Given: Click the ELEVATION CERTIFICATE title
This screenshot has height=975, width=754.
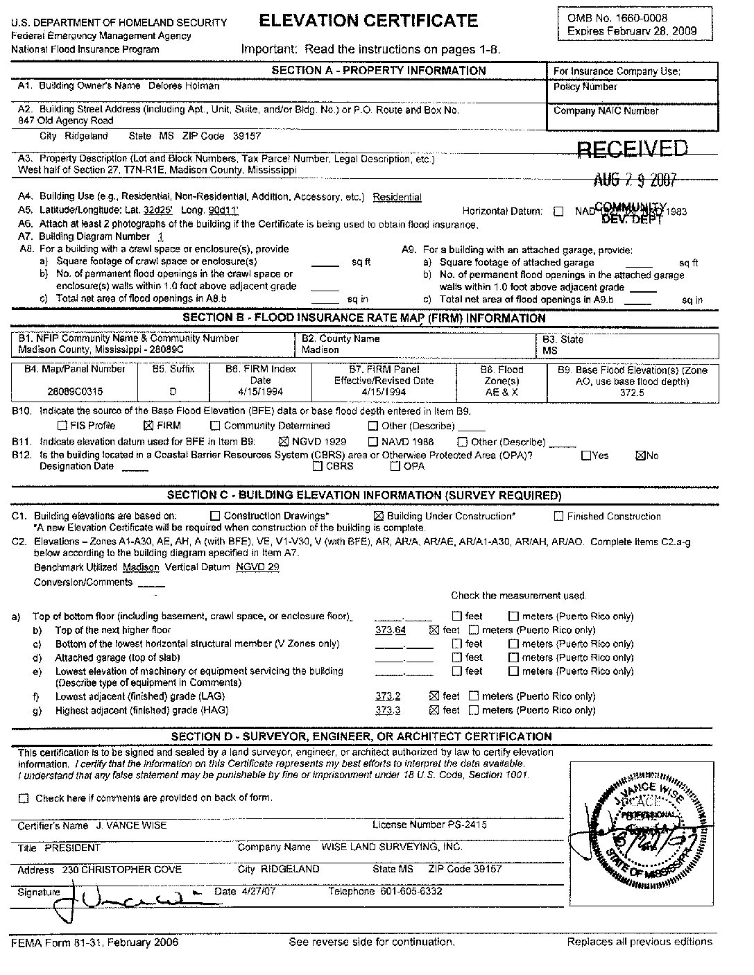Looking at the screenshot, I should tap(368, 21).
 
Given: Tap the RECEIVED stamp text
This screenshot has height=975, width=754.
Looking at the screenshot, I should tap(633, 148).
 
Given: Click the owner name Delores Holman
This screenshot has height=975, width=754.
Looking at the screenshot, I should tap(184, 86).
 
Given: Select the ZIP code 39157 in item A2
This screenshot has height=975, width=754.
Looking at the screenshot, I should tap(247, 137).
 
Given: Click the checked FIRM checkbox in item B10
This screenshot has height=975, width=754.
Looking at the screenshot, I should tap(147, 426).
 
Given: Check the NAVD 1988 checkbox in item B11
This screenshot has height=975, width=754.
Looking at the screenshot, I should tap(373, 442).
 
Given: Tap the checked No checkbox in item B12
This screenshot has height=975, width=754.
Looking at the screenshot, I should tap(640, 456).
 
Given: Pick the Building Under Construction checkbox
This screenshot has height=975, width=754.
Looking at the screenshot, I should tap(379, 517).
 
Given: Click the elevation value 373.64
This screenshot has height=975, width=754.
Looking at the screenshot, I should tap(390, 630).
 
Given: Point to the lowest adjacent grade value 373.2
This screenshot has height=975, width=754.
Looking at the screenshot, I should tap(388, 696).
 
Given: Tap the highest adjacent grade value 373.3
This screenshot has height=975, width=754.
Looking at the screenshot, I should tap(388, 710).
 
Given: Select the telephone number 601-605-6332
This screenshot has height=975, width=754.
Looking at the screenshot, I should tap(411, 891).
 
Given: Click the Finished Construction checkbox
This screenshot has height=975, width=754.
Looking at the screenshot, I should tap(559, 517).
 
